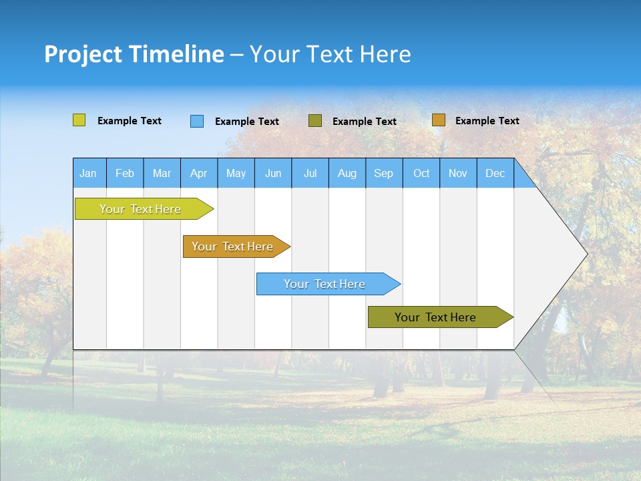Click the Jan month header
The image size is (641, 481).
click(89, 173)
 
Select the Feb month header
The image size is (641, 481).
click(125, 173)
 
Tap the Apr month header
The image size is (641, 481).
click(199, 173)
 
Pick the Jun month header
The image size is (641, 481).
click(273, 173)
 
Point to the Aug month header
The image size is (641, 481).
click(347, 173)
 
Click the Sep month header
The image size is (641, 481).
click(384, 173)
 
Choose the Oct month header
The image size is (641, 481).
click(421, 173)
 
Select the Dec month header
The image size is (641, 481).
click(495, 173)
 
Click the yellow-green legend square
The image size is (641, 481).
click(79, 120)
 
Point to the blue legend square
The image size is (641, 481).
click(197, 121)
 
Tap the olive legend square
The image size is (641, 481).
click(315, 121)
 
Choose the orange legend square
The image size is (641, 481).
click(439, 120)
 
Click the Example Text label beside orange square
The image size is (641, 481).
click(487, 121)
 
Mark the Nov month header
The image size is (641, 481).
click(458, 173)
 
